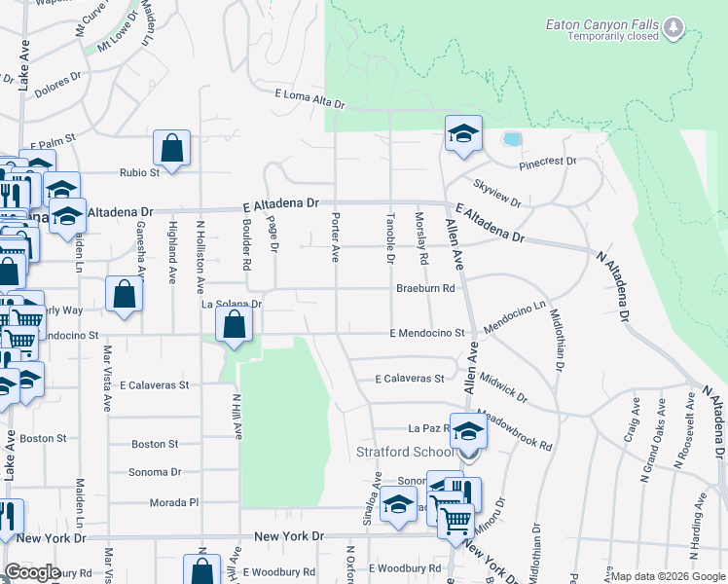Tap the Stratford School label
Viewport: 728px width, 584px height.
pos(405,451)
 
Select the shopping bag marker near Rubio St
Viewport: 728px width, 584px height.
pos(172,149)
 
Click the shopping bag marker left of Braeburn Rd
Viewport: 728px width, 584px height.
pos(125,296)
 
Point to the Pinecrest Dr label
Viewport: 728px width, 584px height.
pos(548,162)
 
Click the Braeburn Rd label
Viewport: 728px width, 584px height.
pos(425,288)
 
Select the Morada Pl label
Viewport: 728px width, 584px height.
pos(174,502)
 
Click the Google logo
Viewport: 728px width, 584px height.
pos(33,572)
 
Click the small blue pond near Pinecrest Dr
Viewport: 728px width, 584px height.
pos(511,138)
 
